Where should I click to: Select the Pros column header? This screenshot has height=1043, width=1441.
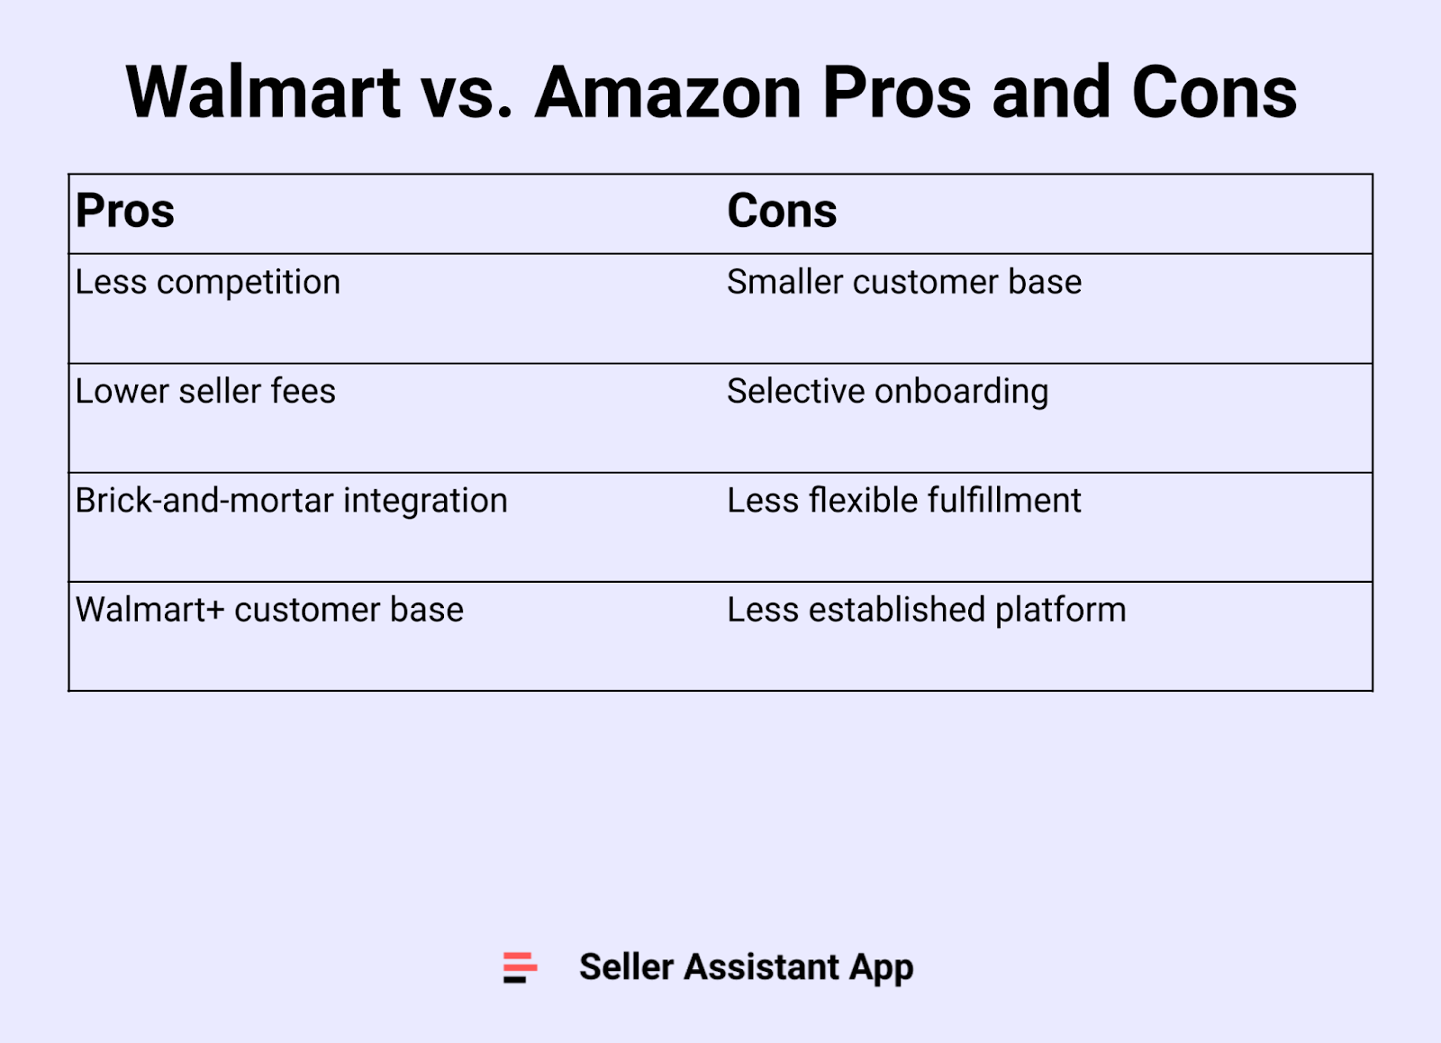[125, 212]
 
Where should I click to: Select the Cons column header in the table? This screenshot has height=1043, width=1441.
[782, 212]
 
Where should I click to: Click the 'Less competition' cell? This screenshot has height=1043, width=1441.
[208, 283]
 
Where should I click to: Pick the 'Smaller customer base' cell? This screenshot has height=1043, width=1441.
[903, 283]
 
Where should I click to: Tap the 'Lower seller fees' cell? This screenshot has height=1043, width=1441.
[205, 392]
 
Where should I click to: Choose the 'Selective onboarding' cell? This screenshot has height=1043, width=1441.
[887, 392]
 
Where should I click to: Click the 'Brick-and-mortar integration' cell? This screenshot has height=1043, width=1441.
[291, 501]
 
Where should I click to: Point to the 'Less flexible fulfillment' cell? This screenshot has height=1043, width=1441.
[903, 501]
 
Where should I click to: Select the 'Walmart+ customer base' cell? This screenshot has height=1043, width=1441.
[269, 611]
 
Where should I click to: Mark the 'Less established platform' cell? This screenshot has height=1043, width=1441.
[926, 611]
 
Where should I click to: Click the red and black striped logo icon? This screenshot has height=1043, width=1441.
[520, 967]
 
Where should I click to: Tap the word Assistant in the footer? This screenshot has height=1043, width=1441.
[761, 967]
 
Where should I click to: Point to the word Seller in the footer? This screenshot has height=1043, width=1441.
[626, 967]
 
